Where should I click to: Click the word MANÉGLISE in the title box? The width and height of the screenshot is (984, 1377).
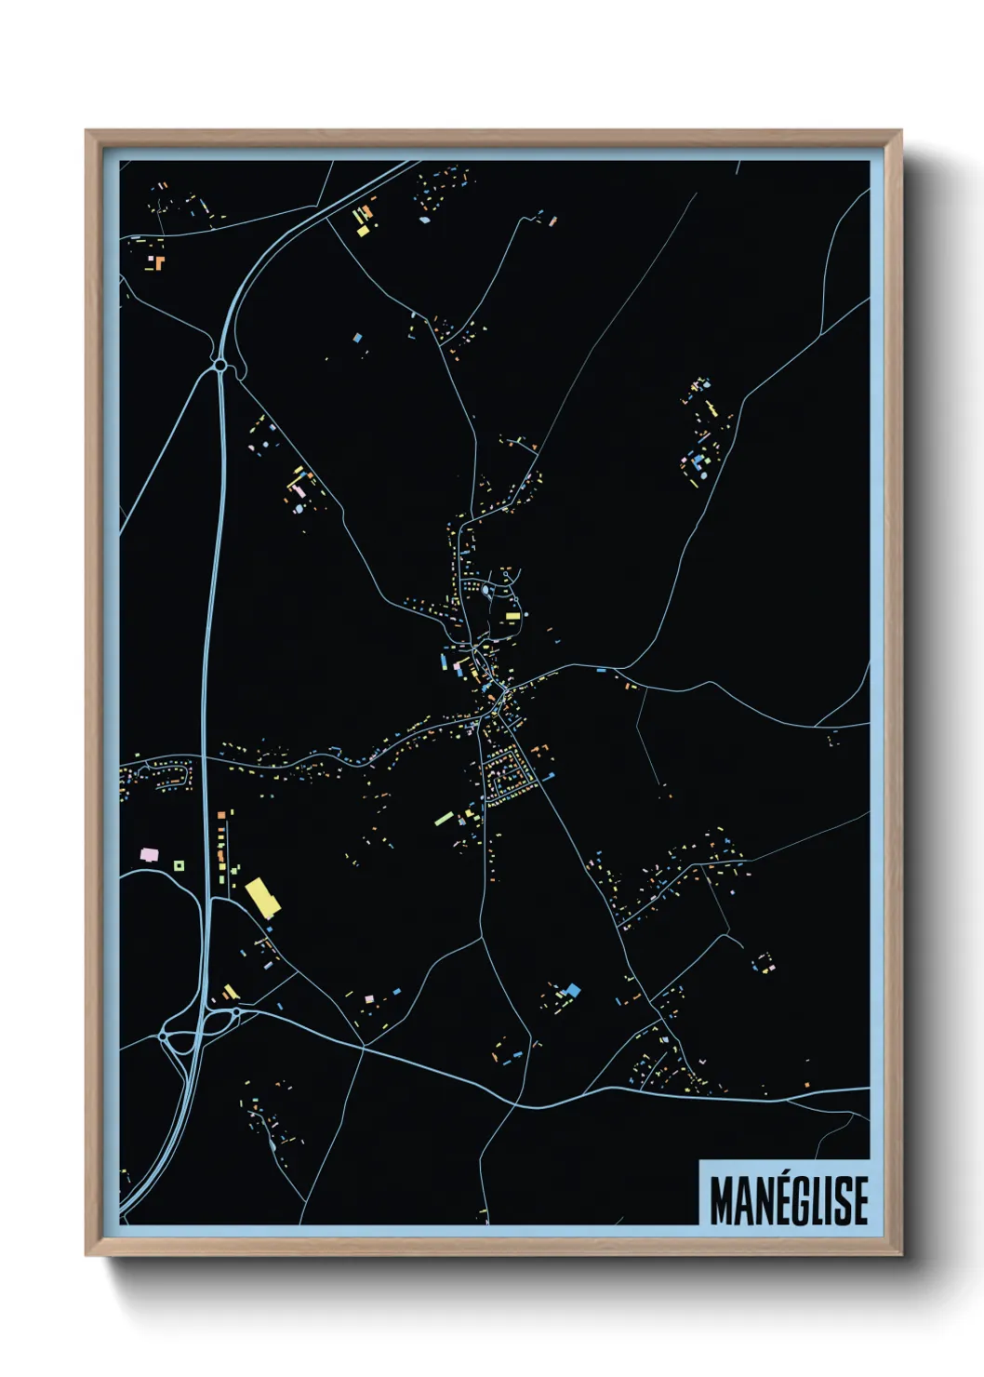789,1200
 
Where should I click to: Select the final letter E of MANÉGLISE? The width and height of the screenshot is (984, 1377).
860,1200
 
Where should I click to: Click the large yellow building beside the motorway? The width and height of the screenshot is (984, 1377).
262,897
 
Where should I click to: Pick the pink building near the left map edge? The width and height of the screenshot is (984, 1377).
147,853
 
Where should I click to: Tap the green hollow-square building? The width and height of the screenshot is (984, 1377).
179,865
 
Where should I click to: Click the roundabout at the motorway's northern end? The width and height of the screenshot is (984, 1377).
220,367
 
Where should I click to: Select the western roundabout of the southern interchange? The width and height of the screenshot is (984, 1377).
165,1035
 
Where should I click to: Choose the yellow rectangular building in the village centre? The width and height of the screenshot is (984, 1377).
512,616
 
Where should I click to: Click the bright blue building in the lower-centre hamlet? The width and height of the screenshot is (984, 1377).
573,989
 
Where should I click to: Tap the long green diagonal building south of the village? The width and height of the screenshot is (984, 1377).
445,819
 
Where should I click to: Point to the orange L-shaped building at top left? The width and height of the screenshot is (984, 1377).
158,261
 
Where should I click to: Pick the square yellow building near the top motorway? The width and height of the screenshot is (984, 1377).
362,230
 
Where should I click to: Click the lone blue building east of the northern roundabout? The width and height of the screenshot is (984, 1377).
357,338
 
